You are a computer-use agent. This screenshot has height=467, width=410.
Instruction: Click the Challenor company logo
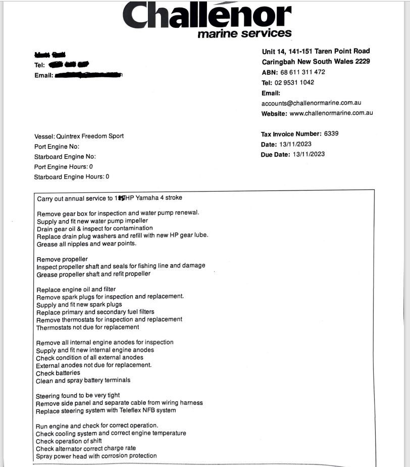pos(207,16)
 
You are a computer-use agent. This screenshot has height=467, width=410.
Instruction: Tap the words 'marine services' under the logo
pos(244,34)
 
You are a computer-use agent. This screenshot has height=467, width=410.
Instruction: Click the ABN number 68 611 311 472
pos(303,72)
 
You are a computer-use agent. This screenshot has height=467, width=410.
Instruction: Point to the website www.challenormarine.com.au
pos(331,113)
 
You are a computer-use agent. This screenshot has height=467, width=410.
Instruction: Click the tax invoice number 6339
pos(331,134)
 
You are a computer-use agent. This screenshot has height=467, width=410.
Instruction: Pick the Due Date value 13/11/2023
pos(309,154)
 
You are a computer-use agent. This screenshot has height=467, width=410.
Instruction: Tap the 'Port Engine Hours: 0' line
pos(63,166)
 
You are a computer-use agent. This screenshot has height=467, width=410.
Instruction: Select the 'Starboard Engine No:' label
pos(65,156)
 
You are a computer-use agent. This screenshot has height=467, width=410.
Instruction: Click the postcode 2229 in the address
pos(362,62)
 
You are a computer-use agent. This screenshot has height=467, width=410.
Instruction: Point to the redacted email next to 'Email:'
pos(88,75)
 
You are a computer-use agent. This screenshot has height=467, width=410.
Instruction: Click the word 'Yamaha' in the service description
pos(146,198)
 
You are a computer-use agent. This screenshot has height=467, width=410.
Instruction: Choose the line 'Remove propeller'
pos(62,259)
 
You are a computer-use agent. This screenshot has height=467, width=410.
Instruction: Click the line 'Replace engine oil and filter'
pos(76,290)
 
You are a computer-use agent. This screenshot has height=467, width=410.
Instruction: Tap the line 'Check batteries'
pos(58,373)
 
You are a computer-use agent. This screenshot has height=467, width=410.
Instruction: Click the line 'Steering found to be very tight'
pos(78,395)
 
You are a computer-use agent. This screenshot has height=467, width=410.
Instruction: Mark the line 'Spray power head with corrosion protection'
pos(96,456)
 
